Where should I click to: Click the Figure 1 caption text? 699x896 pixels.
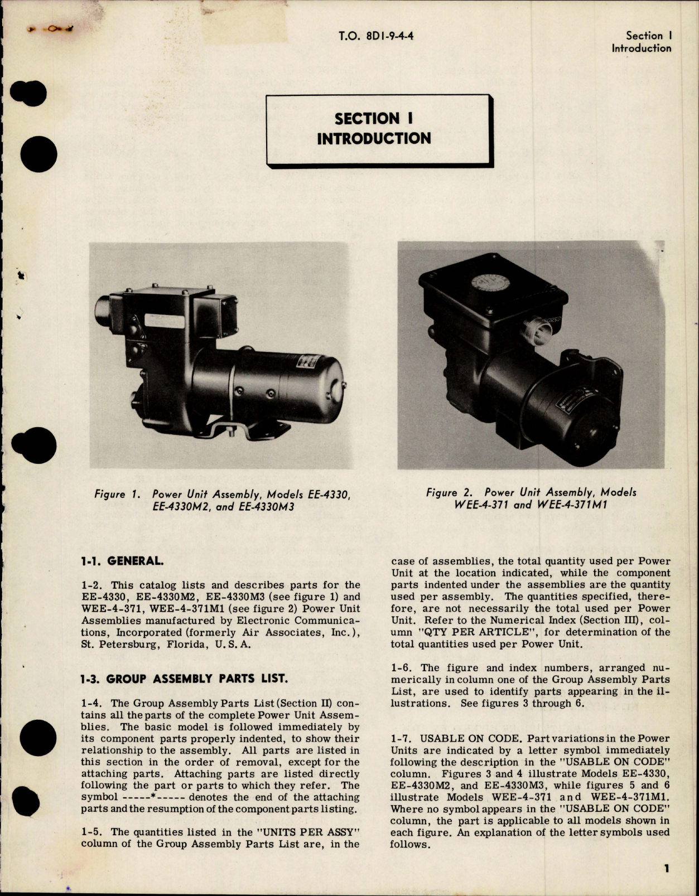(x=223, y=501)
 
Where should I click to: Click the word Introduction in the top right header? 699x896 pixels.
(x=641, y=49)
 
